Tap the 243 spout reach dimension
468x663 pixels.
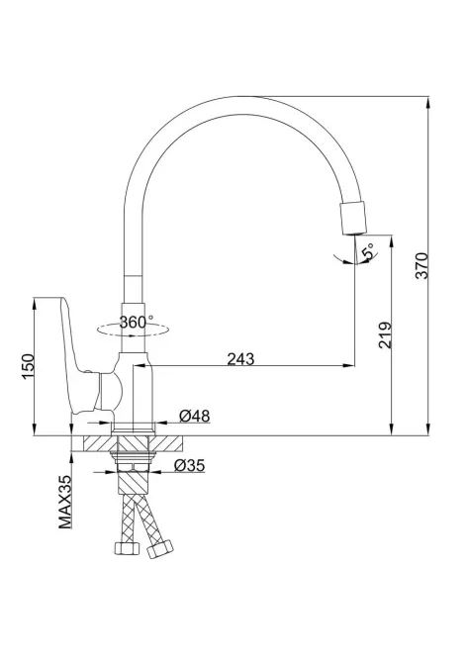(x=239, y=358)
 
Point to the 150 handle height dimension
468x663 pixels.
(x=27, y=367)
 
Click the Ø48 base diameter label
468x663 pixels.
(x=194, y=417)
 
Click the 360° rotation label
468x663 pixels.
(x=136, y=322)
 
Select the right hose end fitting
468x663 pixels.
(x=159, y=548)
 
